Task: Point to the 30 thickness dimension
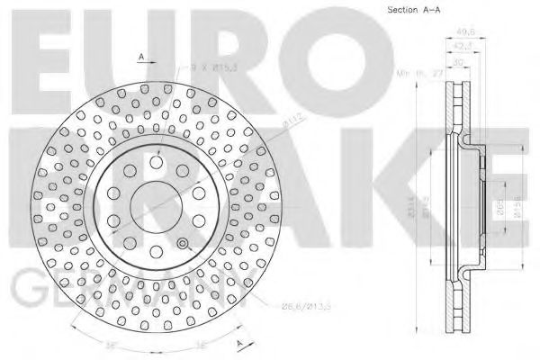pos(460,63)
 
